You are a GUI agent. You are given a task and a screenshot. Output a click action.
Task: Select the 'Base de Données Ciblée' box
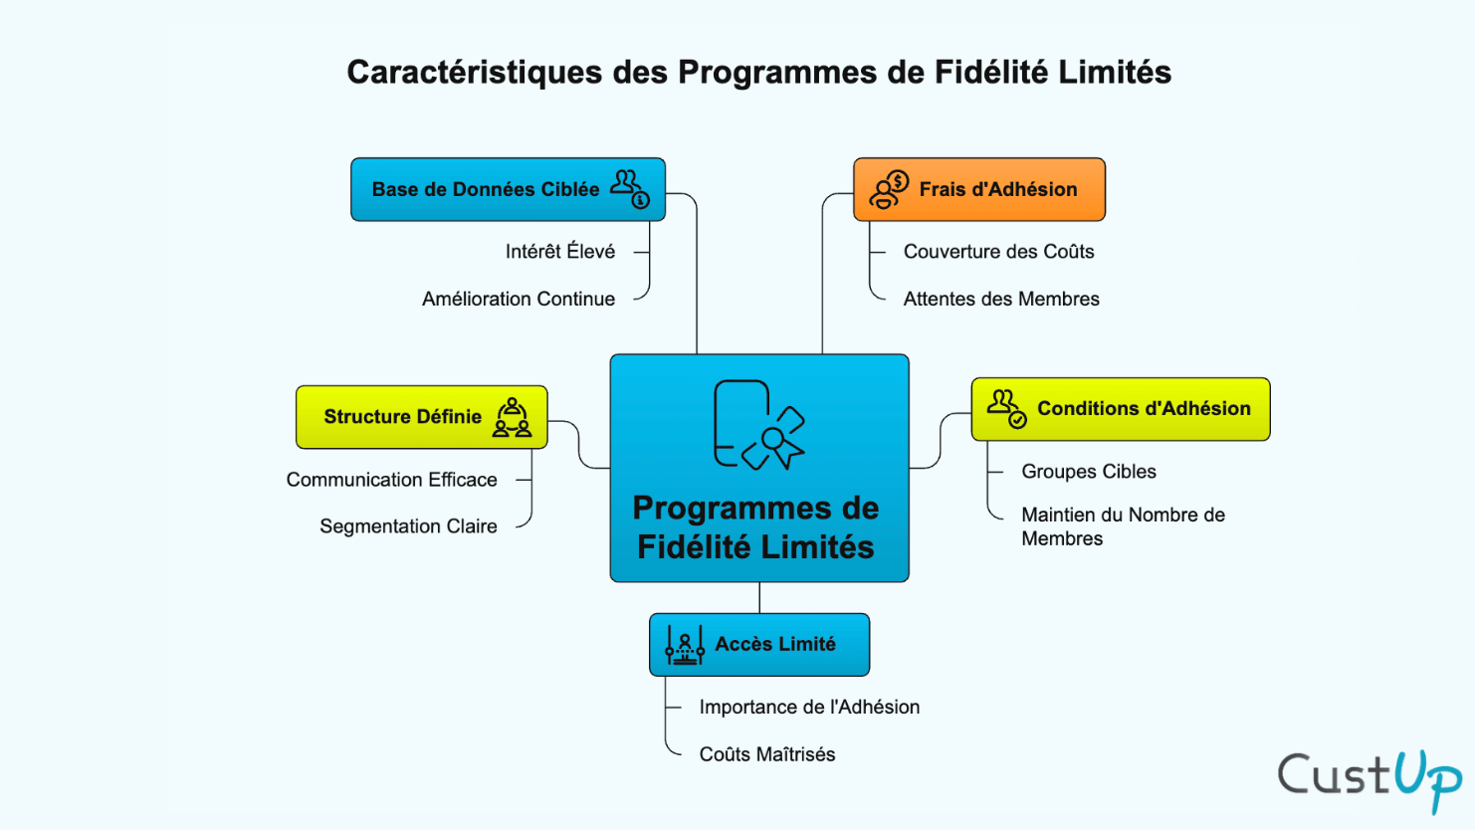click(x=508, y=189)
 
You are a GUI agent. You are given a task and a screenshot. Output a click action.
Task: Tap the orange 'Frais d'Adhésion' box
click(x=979, y=189)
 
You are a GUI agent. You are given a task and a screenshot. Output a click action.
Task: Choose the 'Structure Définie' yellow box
click(x=421, y=417)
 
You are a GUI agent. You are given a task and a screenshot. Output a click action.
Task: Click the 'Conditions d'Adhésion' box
click(x=1120, y=409)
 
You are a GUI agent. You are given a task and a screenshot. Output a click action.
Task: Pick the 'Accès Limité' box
click(x=759, y=645)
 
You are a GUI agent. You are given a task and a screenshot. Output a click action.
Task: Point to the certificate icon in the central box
click(x=758, y=425)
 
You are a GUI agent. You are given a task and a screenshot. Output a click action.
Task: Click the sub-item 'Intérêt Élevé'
click(x=559, y=252)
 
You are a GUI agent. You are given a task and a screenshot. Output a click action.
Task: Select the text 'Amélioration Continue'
click(x=518, y=299)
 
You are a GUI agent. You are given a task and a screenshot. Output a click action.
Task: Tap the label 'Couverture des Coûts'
click(x=998, y=252)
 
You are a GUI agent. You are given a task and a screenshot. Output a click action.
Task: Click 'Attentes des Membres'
click(x=1001, y=299)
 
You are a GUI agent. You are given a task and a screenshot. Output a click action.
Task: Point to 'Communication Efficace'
click(x=391, y=480)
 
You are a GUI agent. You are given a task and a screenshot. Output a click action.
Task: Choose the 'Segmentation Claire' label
click(x=408, y=526)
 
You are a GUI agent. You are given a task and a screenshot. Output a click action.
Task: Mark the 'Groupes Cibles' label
click(x=1089, y=472)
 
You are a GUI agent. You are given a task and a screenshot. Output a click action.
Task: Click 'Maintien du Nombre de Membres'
click(x=1123, y=526)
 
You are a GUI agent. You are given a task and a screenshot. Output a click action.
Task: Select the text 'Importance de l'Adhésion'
click(x=809, y=708)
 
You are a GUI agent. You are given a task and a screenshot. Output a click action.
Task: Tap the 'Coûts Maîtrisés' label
click(x=767, y=754)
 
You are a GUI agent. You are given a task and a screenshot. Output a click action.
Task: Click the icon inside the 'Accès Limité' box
click(x=685, y=645)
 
